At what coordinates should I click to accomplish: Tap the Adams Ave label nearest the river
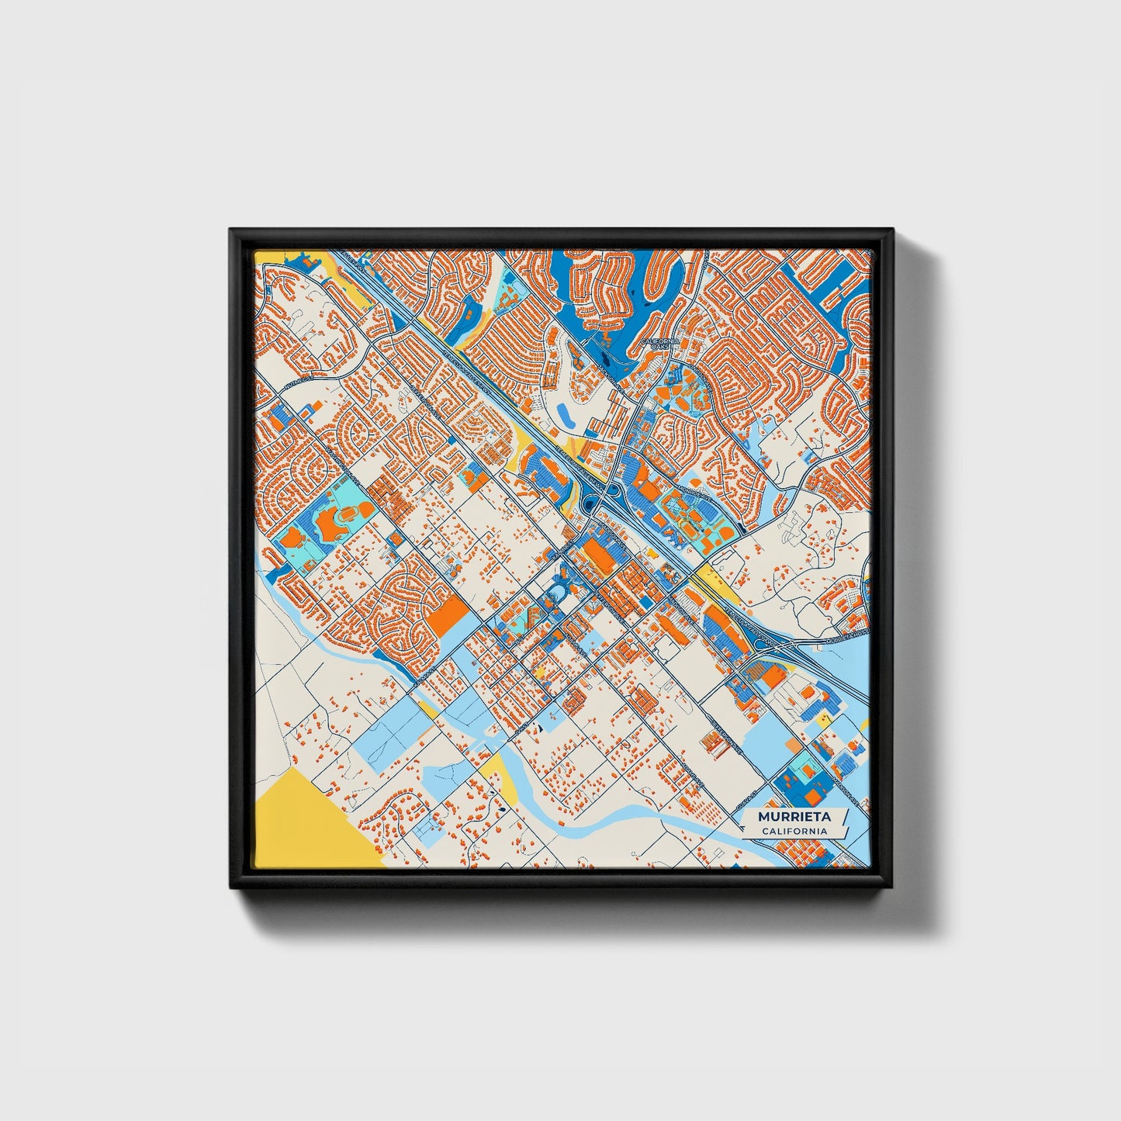point(690,772)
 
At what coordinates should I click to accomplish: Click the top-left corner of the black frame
point(231,230)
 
